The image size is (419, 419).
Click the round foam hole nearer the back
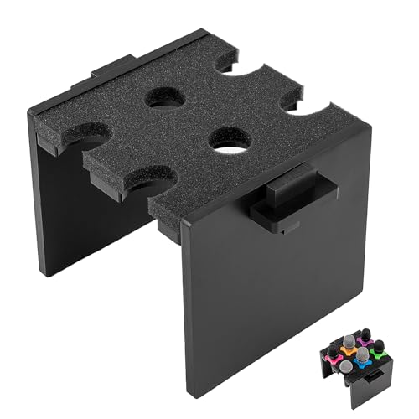(x=165, y=97)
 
